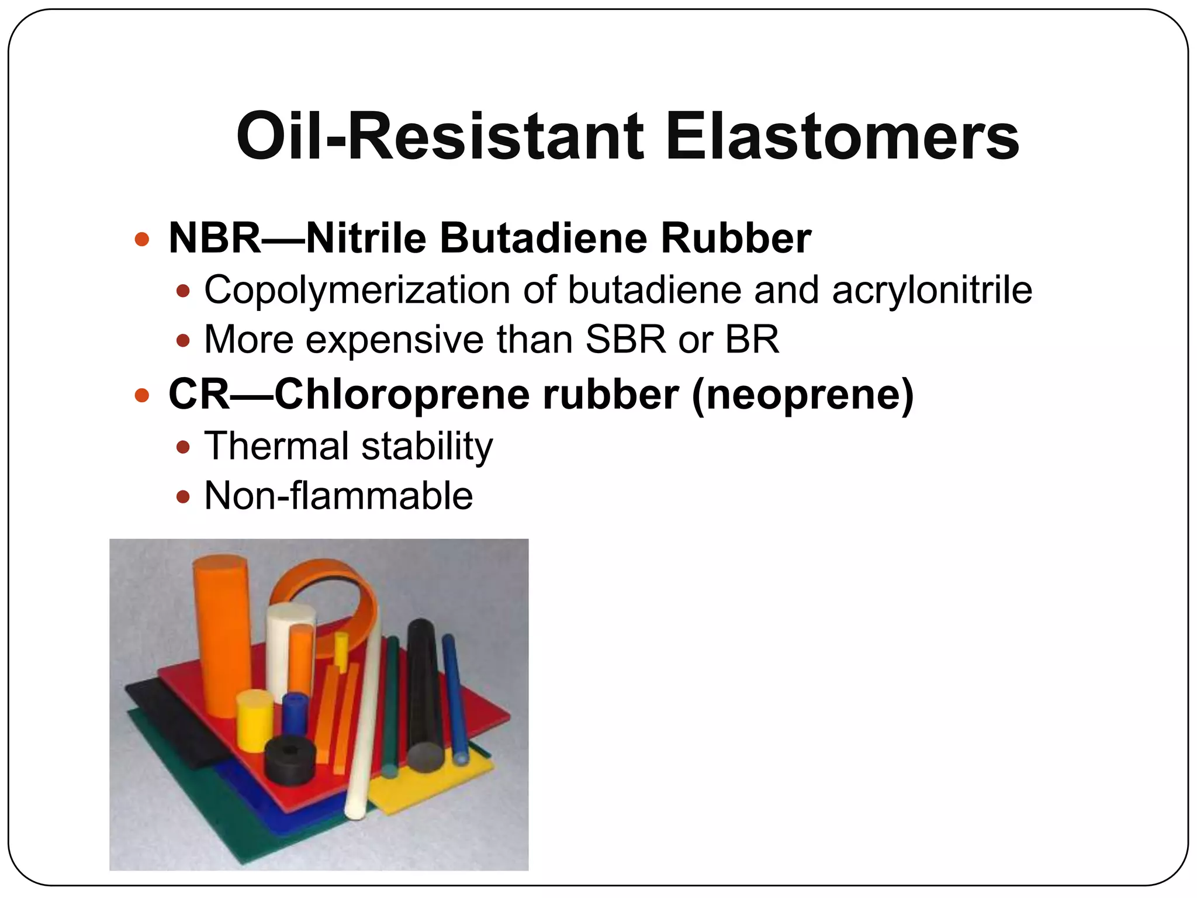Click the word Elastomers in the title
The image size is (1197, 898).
click(x=842, y=137)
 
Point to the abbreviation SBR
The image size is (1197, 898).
click(x=625, y=340)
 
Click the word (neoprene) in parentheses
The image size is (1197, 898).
click(x=802, y=395)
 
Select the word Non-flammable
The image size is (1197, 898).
click(x=338, y=496)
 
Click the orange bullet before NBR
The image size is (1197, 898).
click(x=142, y=239)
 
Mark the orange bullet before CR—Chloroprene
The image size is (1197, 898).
click(x=142, y=396)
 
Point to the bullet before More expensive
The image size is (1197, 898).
click(x=184, y=340)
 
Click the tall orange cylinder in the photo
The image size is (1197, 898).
click(x=221, y=631)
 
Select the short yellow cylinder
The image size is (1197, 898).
click(x=255, y=719)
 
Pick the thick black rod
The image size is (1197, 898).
click(x=425, y=696)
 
